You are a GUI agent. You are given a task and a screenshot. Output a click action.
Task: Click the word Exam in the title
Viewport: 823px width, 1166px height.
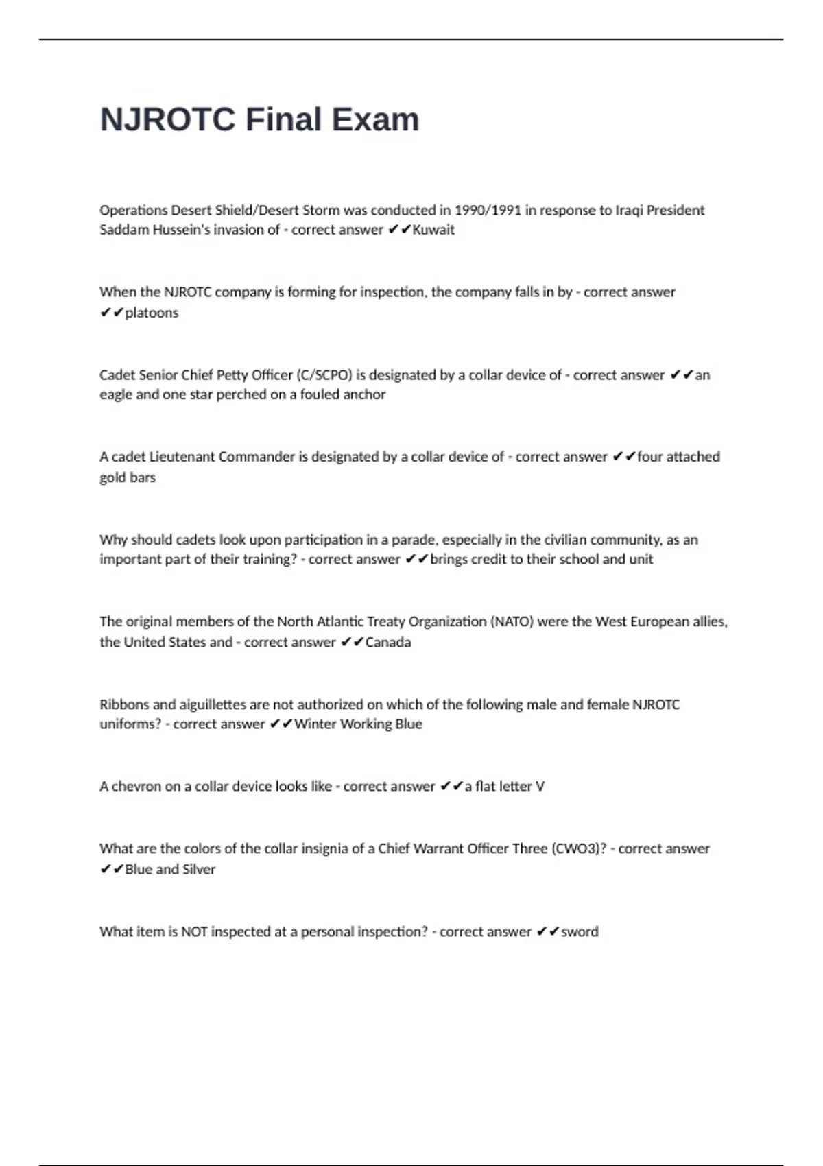pyautogui.click(x=376, y=119)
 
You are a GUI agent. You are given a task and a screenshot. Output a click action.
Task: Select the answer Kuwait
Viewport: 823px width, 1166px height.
pyautogui.click(x=433, y=230)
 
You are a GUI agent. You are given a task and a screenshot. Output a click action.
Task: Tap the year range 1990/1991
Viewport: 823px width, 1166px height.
pyautogui.click(x=488, y=210)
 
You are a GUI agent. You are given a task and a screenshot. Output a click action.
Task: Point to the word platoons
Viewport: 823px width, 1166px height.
pyautogui.click(x=152, y=313)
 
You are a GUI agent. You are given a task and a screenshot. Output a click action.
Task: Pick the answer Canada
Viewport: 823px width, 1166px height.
pyautogui.click(x=388, y=643)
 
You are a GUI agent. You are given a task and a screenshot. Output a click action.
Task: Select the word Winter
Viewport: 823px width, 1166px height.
pyautogui.click(x=315, y=724)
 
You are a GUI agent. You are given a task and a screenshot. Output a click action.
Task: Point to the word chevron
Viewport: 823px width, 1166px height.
pyautogui.click(x=134, y=787)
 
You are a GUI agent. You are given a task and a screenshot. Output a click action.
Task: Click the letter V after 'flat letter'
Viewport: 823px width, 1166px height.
pyautogui.click(x=540, y=787)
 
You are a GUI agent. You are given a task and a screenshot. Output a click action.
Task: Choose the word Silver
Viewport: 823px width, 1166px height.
pyautogui.click(x=199, y=870)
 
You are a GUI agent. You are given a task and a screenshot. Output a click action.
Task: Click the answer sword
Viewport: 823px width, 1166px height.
pyautogui.click(x=580, y=932)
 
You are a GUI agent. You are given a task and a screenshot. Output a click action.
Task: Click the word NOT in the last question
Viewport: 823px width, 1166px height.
pyautogui.click(x=194, y=932)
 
